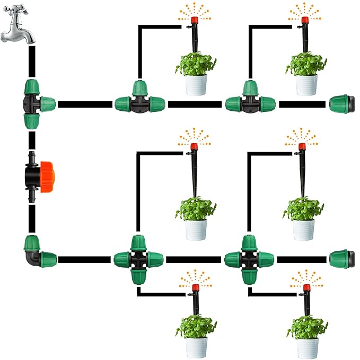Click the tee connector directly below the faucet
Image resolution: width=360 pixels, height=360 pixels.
click(x=36, y=103)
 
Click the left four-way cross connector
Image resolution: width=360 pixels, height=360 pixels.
click(x=137, y=259)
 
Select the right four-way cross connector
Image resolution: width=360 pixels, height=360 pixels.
click(x=248, y=259)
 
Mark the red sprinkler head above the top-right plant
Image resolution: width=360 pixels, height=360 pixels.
click(x=304, y=21)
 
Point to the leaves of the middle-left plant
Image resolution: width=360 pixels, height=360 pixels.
click(x=197, y=209)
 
